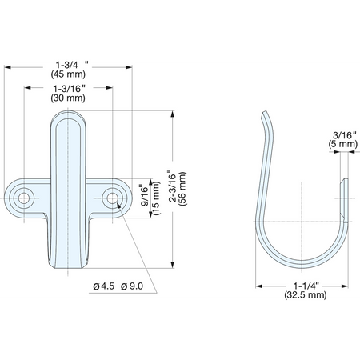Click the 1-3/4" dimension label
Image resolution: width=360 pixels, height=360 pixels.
pos(72,65)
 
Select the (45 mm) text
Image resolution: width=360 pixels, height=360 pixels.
pos(68,74)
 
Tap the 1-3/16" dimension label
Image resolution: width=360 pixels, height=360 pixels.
pos(69,88)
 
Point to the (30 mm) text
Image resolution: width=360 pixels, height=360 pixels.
pos(68,98)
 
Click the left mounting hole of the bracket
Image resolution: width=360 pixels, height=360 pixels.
pos(24,198)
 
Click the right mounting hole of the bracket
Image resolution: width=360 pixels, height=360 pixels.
pos(113,198)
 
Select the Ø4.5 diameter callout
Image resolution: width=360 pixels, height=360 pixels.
pos(104,286)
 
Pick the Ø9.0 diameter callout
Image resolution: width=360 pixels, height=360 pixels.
pos(132,286)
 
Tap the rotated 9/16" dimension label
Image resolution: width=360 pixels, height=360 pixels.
pos(146,195)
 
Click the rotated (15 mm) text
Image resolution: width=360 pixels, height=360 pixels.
pos(156,198)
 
